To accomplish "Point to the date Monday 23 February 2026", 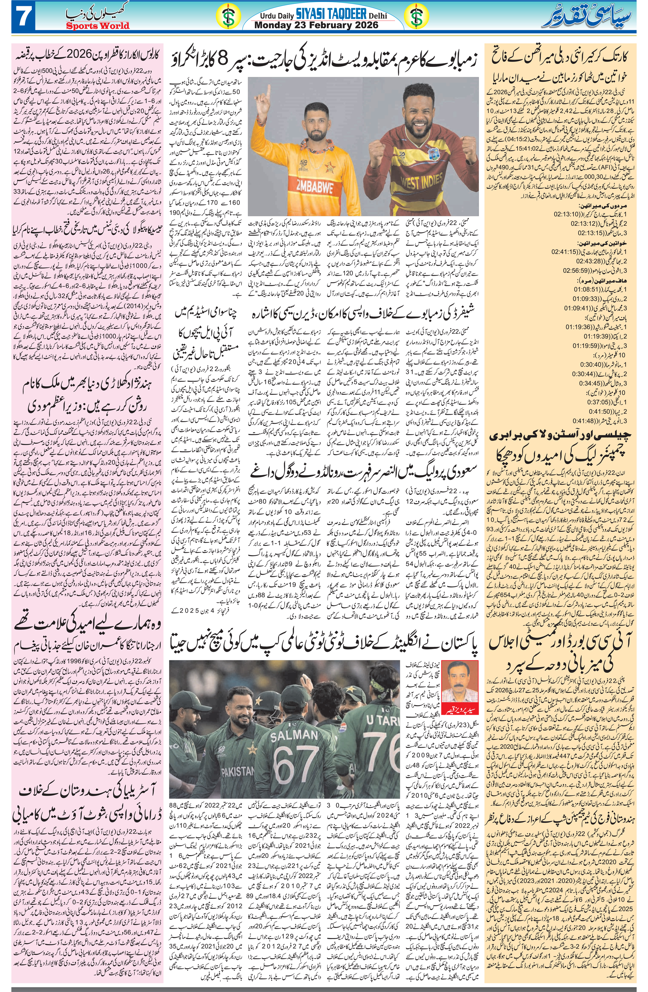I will [x=317, y=25].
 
